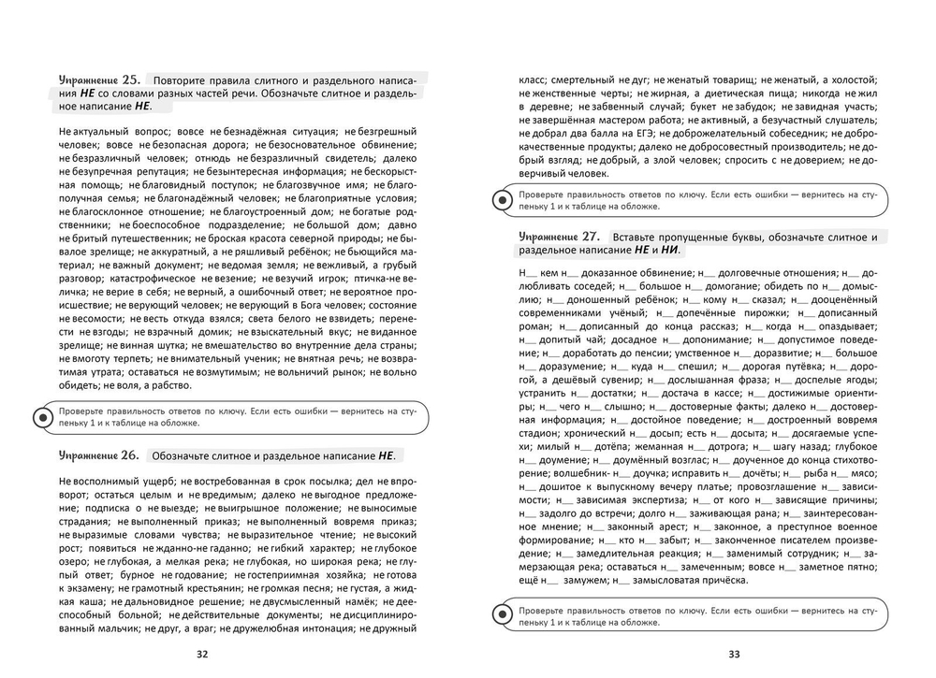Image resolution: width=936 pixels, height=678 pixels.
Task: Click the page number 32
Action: [x=201, y=654]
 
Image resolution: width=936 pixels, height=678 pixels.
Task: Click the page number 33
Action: [x=734, y=654]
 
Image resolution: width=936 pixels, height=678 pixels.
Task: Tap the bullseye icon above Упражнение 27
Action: [x=501, y=199]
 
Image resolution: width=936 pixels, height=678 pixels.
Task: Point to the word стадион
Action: [x=538, y=434]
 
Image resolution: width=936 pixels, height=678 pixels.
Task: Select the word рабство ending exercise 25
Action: [x=167, y=385]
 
